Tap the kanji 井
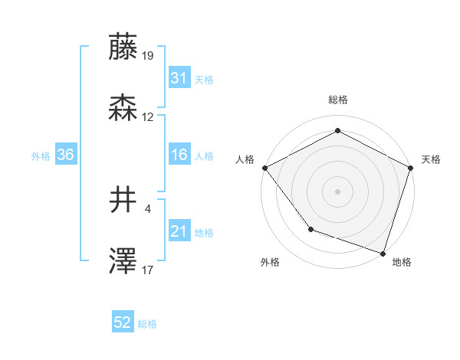[x=123, y=202]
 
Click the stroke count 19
[x=148, y=55]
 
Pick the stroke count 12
[x=148, y=117]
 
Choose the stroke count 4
[x=147, y=208]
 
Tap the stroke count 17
[x=148, y=269]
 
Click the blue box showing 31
[x=179, y=78]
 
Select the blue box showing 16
[x=179, y=155]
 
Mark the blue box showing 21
[x=179, y=231]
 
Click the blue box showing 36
[x=65, y=155]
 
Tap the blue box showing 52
[x=123, y=323]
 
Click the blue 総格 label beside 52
[x=147, y=324]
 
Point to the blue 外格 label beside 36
[x=41, y=156]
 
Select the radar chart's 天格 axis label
[x=431, y=159]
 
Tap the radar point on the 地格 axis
[x=383, y=252]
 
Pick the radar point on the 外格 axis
[x=310, y=228]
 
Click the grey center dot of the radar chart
[x=337, y=191]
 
